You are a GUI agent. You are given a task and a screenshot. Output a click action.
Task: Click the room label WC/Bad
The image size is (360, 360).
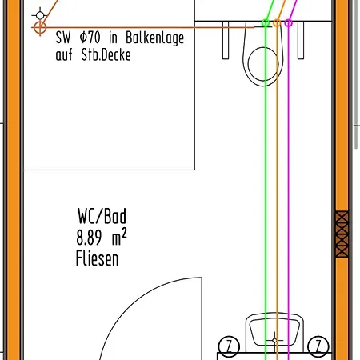click(x=102, y=216)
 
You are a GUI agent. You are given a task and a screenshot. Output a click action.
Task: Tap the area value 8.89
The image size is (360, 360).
click(x=89, y=238)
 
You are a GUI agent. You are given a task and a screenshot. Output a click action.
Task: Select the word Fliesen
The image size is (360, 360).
click(x=97, y=258)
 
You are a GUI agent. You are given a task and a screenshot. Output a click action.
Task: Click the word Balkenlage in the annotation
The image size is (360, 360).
click(x=154, y=38)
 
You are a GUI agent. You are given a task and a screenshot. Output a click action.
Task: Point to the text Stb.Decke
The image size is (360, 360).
click(x=106, y=54)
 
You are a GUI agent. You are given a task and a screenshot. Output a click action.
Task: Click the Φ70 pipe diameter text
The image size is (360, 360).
click(x=90, y=38)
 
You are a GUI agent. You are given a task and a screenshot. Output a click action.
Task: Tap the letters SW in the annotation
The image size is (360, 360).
click(x=63, y=38)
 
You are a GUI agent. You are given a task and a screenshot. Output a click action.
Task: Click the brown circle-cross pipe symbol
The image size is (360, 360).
click(x=40, y=27)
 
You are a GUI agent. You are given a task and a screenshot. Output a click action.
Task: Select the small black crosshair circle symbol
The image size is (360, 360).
click(x=40, y=15)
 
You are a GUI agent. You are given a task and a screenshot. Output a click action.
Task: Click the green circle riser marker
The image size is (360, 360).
click(x=266, y=23)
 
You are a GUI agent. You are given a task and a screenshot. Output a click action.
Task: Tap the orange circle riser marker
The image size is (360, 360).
click(x=277, y=23)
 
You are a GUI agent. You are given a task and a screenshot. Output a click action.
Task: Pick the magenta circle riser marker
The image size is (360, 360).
click(x=288, y=23)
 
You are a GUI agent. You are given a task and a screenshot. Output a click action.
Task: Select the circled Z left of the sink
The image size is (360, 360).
click(x=229, y=346)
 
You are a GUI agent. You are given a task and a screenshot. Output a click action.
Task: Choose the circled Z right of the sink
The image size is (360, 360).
click(x=318, y=346)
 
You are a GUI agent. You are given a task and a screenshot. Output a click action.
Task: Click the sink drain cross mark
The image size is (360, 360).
click(x=274, y=341)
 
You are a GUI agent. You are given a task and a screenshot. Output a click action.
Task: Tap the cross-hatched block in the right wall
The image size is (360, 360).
click(x=342, y=234)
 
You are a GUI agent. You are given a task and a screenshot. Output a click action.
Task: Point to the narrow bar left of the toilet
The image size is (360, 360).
click(x=226, y=40)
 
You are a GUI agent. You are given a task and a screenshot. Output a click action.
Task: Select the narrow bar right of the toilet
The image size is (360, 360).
click(x=301, y=40)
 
